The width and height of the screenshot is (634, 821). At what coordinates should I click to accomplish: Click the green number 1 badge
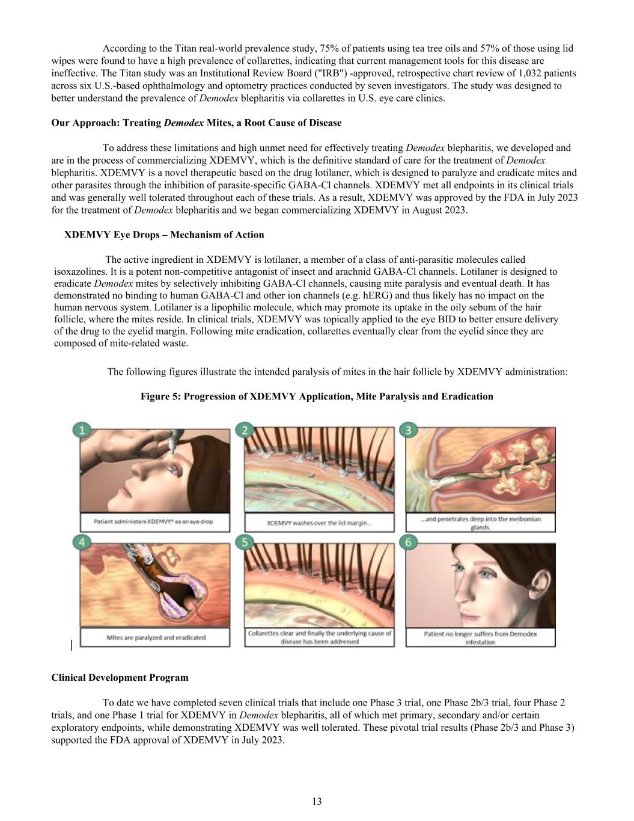82,430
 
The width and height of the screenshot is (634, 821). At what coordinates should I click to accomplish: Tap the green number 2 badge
245,430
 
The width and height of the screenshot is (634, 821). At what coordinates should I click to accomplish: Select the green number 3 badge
408,430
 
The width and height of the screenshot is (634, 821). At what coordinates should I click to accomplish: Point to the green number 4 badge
82,543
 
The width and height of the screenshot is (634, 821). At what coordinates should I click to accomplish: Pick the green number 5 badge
245,543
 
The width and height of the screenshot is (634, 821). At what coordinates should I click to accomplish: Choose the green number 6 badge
408,543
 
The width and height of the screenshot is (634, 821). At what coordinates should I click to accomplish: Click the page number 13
317,801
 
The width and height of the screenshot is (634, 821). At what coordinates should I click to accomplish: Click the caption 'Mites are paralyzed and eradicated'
156,638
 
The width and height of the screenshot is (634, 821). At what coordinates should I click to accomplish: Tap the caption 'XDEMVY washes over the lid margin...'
319,523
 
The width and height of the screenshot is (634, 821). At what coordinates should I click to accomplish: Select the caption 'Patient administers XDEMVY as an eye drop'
153,521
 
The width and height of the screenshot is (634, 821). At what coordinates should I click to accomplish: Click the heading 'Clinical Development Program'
120,677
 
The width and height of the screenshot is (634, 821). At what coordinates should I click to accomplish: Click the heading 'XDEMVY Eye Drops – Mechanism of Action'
164,235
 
